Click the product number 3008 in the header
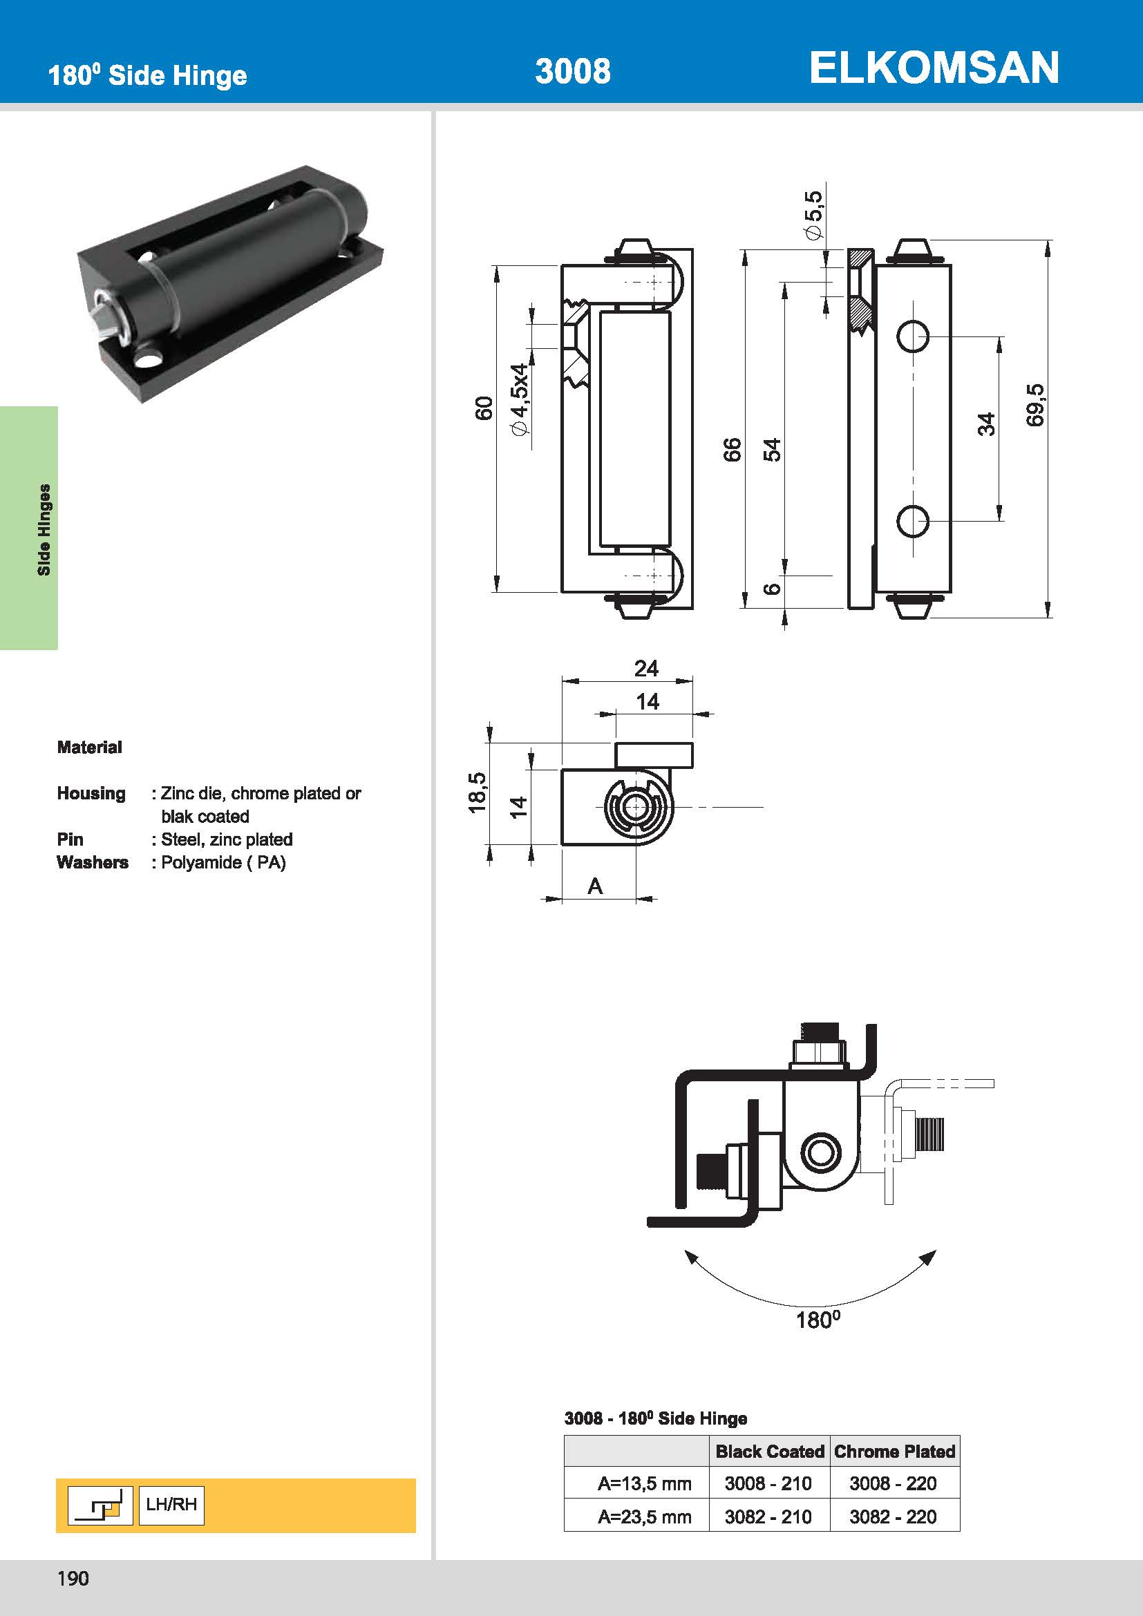click(x=572, y=72)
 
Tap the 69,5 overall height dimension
click(x=1035, y=405)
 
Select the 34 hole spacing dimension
click(x=987, y=424)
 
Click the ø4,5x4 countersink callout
click(x=520, y=399)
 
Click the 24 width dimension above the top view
click(x=646, y=668)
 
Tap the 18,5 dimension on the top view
click(x=478, y=792)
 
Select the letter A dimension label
click(x=596, y=886)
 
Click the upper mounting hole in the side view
click(x=913, y=336)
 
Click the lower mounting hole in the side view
click(x=913, y=521)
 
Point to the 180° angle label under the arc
click(x=818, y=1319)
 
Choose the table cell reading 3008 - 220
click(x=892, y=1483)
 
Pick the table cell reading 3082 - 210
click(x=768, y=1516)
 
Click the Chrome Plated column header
click(x=894, y=1451)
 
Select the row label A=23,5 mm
click(x=644, y=1517)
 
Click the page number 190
click(x=73, y=1579)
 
